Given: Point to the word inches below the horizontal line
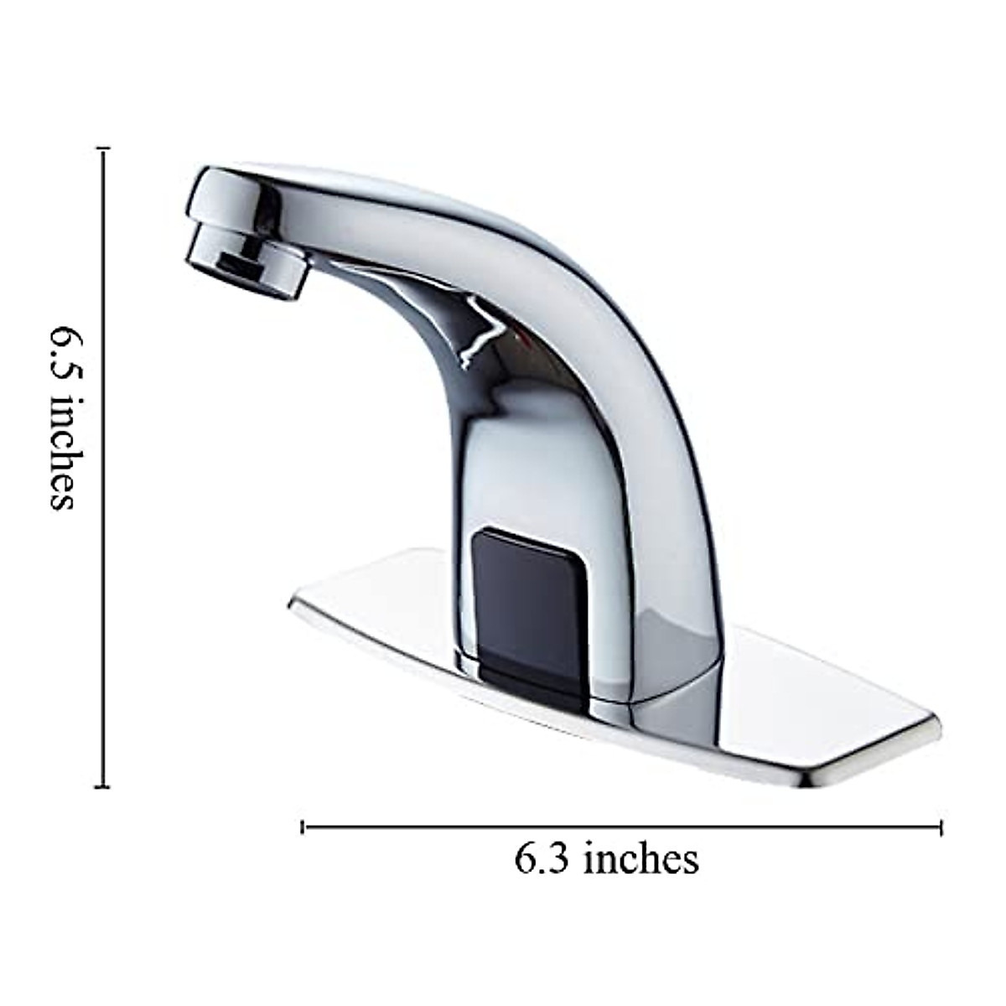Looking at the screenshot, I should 641,858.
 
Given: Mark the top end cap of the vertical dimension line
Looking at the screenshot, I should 103,149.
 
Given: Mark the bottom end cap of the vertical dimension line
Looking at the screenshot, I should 103,786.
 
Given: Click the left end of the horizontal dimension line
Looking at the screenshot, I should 303,827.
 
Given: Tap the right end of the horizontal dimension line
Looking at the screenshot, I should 941,827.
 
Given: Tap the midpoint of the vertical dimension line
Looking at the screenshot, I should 103,468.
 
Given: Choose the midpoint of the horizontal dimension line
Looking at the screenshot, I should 622,827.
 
